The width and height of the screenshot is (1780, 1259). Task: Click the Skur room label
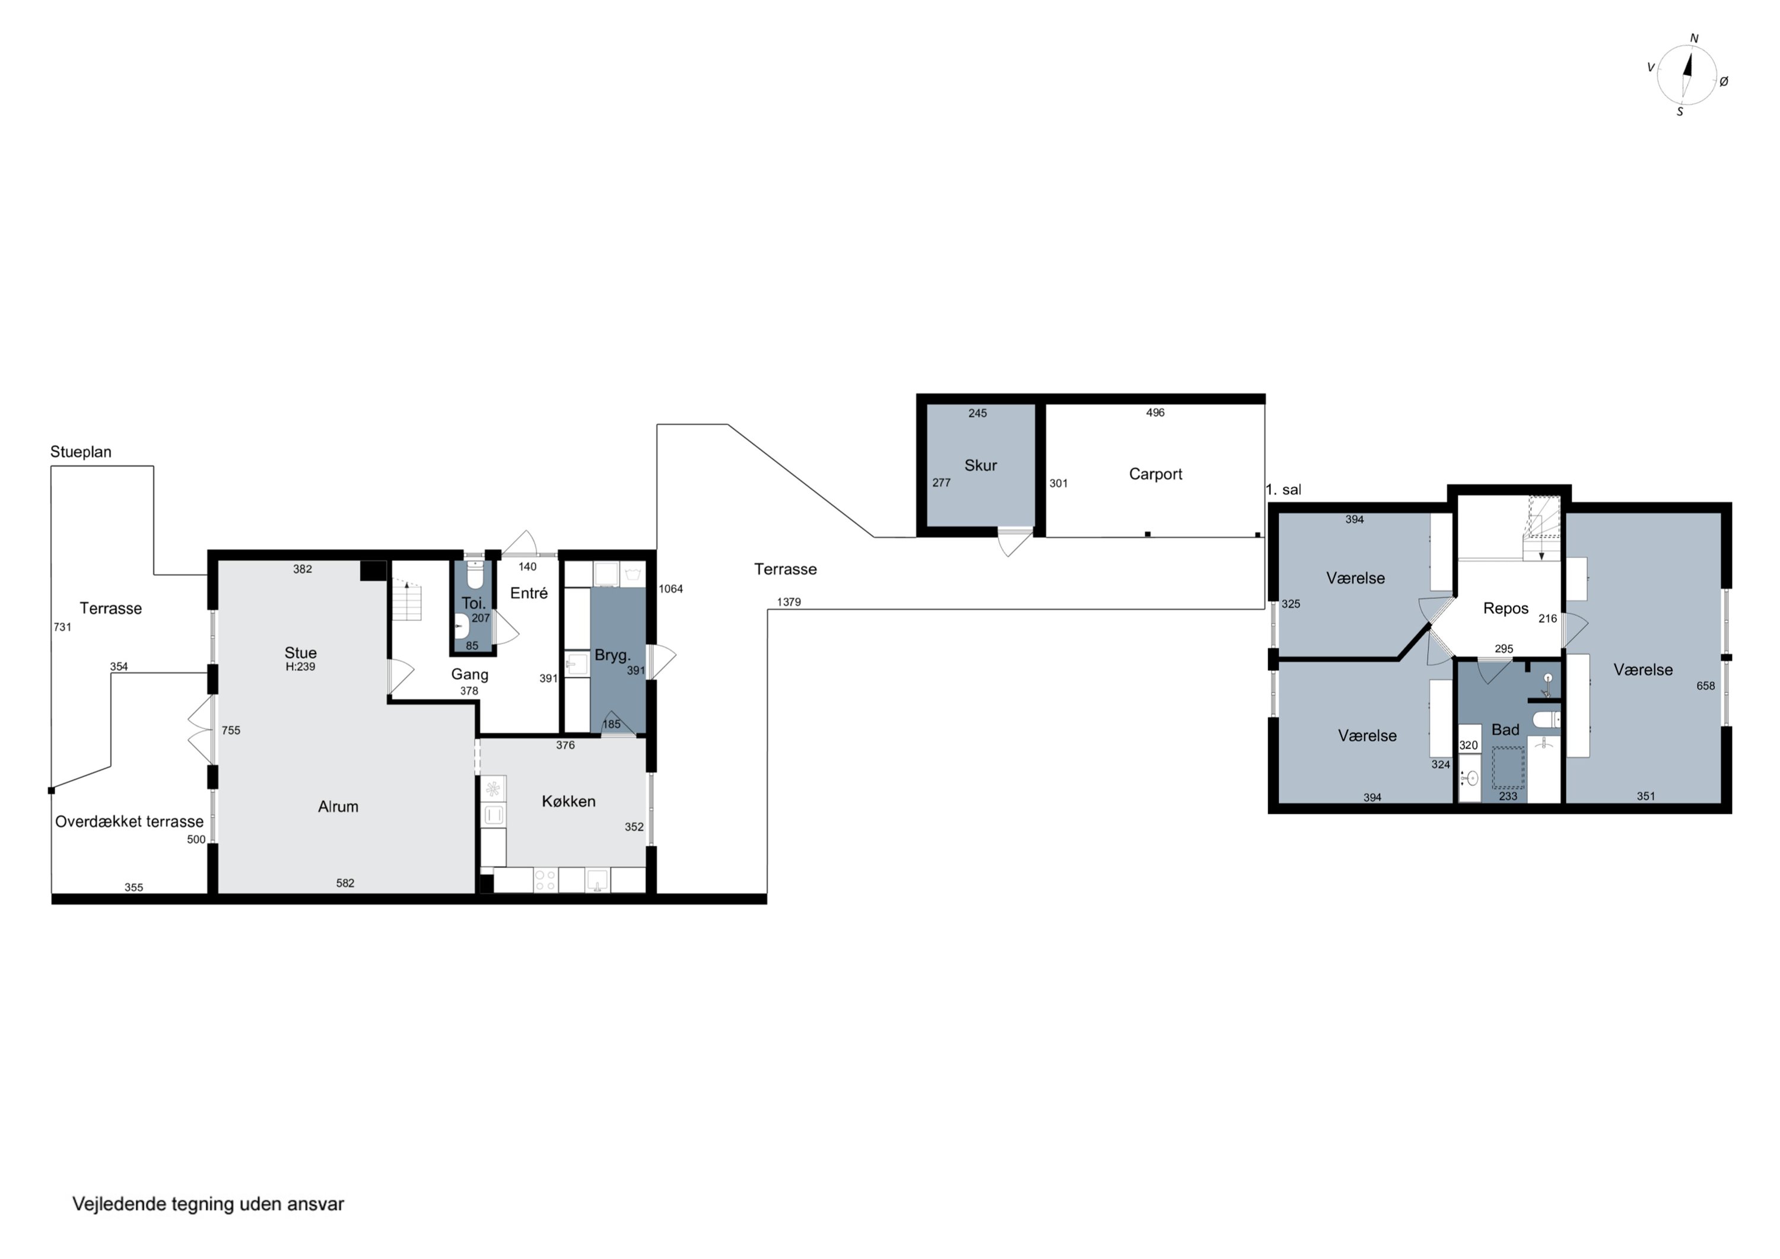(980, 465)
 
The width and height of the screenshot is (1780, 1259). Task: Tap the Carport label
(1155, 474)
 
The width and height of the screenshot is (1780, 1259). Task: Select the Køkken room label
(568, 801)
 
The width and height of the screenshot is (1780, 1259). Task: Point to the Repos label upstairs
(1505, 609)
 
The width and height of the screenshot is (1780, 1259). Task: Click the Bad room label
(1505, 730)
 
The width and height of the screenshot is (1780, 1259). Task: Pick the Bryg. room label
(612, 655)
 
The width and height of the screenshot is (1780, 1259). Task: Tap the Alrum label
(338, 807)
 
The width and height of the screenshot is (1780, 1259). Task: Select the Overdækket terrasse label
(129, 822)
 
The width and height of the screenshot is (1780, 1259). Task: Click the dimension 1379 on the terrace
(789, 602)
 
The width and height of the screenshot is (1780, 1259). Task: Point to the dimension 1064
(670, 589)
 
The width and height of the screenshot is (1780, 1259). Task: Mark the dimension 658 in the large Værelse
(1706, 686)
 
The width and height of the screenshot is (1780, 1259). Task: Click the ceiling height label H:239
(300, 667)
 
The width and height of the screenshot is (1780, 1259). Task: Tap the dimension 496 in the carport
(1155, 413)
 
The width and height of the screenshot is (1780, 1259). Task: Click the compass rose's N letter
(1694, 38)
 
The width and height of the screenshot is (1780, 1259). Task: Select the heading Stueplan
(81, 452)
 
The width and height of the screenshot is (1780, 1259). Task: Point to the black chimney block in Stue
(373, 570)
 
